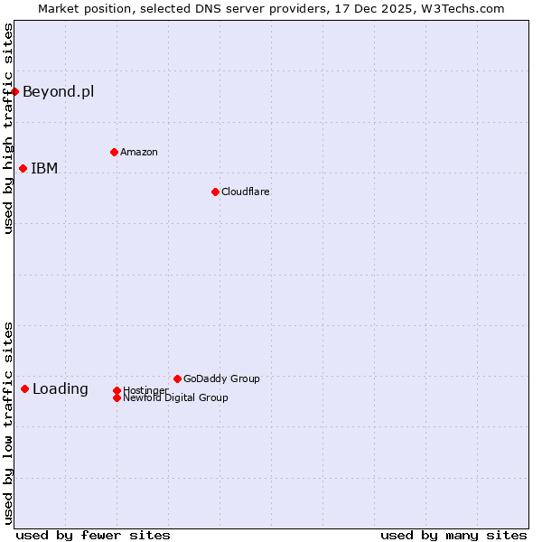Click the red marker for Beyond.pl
coord(15,91)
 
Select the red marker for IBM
coord(23,168)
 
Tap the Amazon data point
coord(114,152)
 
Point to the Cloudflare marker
coord(215,192)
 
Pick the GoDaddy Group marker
coord(177,378)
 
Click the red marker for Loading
coord(24,388)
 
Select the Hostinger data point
coord(117,390)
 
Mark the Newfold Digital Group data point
coord(117,397)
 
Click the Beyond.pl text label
coord(58,91)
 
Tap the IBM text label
coord(44,168)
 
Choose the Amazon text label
coord(139,152)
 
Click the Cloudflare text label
coord(246,192)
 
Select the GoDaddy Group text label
coord(221,378)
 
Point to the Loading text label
coord(61,389)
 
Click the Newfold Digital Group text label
coord(175,397)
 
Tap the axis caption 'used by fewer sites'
coord(93,535)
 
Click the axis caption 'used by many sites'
coord(453,535)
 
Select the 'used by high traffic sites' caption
coord(8,128)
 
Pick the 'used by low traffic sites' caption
coord(8,422)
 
